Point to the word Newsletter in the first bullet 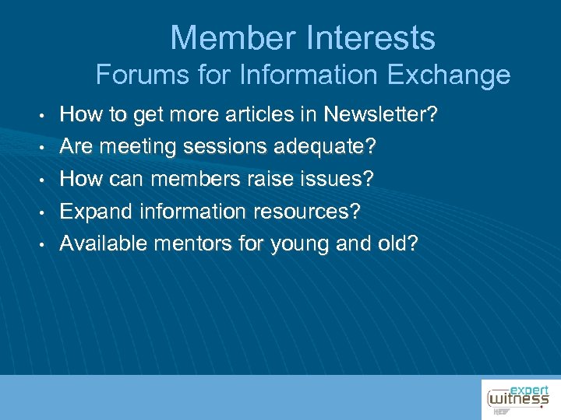coord(380,116)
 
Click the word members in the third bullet coord(184,179)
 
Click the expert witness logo coord(518,397)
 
